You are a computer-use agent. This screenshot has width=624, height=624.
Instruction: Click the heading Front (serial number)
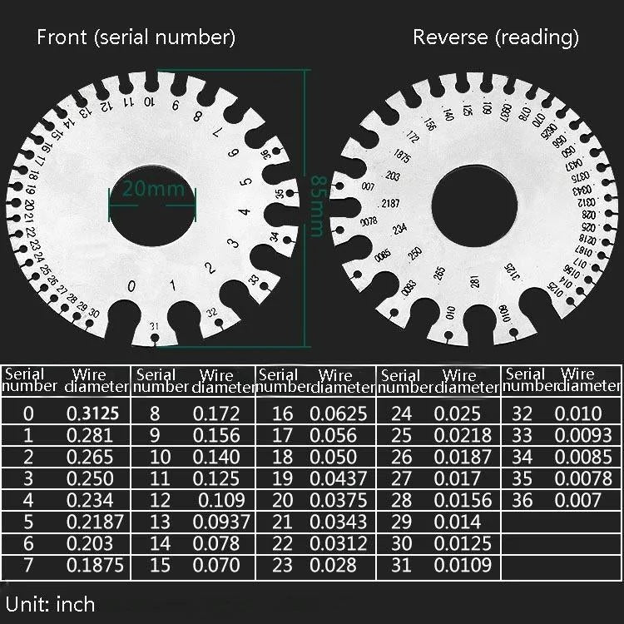point(136,37)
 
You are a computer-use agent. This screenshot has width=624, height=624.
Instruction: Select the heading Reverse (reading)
point(496,37)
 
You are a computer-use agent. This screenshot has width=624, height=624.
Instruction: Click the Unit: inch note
point(51,603)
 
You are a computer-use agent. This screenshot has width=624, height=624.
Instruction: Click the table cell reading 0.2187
point(95,522)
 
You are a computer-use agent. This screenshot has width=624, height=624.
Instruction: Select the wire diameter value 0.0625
point(339,414)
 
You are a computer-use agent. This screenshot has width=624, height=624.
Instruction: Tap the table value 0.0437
point(339,478)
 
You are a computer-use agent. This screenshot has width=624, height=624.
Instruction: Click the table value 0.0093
point(583,435)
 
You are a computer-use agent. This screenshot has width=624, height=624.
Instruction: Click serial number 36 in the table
point(522,500)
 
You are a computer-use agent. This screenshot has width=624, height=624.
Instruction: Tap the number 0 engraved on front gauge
point(131,286)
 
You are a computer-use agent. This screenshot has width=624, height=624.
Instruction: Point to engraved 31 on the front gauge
point(154,325)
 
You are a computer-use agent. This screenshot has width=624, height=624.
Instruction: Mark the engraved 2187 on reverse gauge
point(390,204)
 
